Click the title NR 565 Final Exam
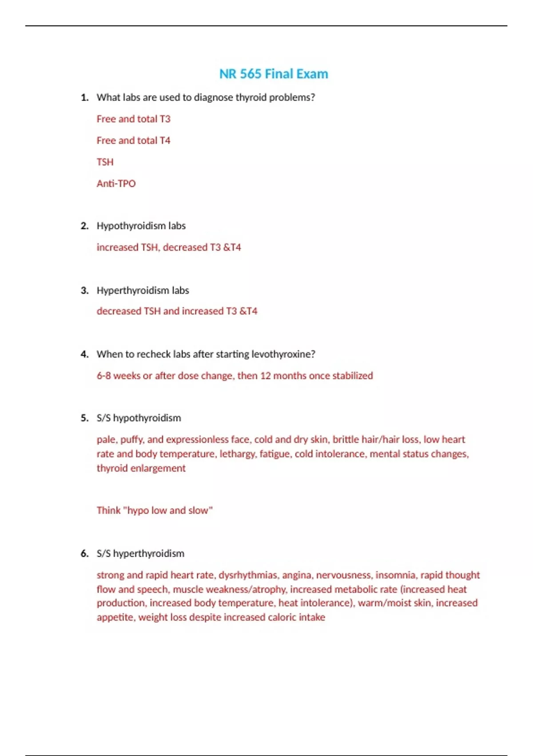click(274, 74)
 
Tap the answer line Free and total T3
click(133, 119)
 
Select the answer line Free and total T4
click(133, 141)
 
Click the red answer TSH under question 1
click(105, 162)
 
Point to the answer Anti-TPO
click(116, 183)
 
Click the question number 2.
click(84, 226)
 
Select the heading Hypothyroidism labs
click(141, 226)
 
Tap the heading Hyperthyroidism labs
click(143, 290)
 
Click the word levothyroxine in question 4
click(283, 354)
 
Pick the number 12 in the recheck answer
click(265, 376)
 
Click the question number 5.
click(84, 418)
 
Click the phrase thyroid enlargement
click(141, 468)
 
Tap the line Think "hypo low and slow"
click(155, 511)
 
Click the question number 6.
click(84, 554)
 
